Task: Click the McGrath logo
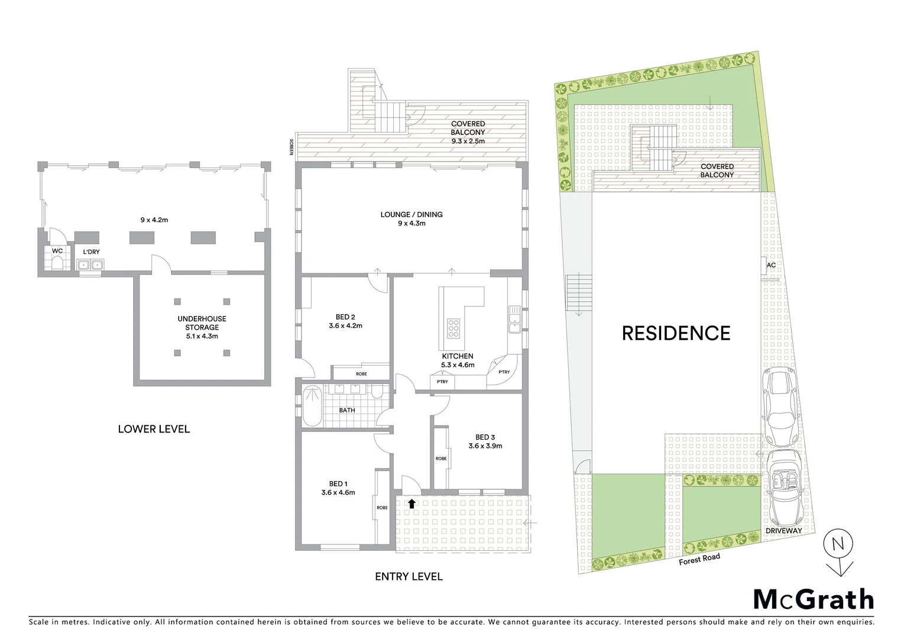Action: (813, 599)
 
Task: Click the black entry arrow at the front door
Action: (411, 504)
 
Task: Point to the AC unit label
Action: (770, 265)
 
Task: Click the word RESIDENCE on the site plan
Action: (676, 333)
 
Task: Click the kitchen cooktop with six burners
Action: (453, 328)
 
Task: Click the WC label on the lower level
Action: (57, 251)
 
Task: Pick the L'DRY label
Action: (91, 252)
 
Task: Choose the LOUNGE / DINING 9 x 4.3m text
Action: (412, 219)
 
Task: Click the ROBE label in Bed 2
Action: (361, 374)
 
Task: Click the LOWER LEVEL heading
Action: (154, 429)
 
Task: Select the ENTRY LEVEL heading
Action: (409, 576)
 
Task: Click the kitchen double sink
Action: (514, 319)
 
